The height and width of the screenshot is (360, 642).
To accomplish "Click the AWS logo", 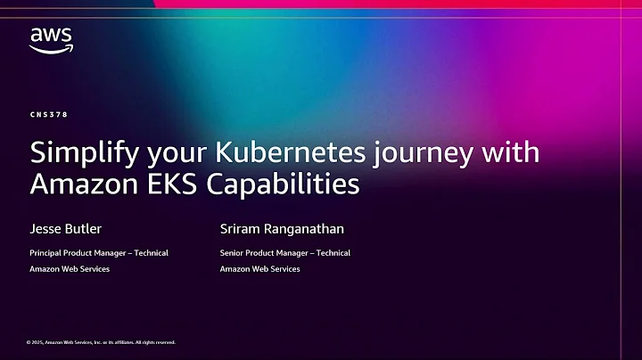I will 50,39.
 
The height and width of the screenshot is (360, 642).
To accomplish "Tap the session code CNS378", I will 49,115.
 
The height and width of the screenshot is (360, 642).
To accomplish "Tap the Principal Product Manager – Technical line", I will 98,253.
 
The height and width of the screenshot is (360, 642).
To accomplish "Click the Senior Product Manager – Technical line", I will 284,253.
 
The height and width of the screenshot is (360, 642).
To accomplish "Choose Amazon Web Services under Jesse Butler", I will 70,269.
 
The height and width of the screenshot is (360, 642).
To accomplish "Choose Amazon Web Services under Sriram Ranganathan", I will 259,269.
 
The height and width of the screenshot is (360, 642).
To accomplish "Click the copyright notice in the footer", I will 101,342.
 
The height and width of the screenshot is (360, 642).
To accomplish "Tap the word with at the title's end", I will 512,151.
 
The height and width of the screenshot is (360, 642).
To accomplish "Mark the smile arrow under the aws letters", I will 51,49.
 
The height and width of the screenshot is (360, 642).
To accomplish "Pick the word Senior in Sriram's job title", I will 233,253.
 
